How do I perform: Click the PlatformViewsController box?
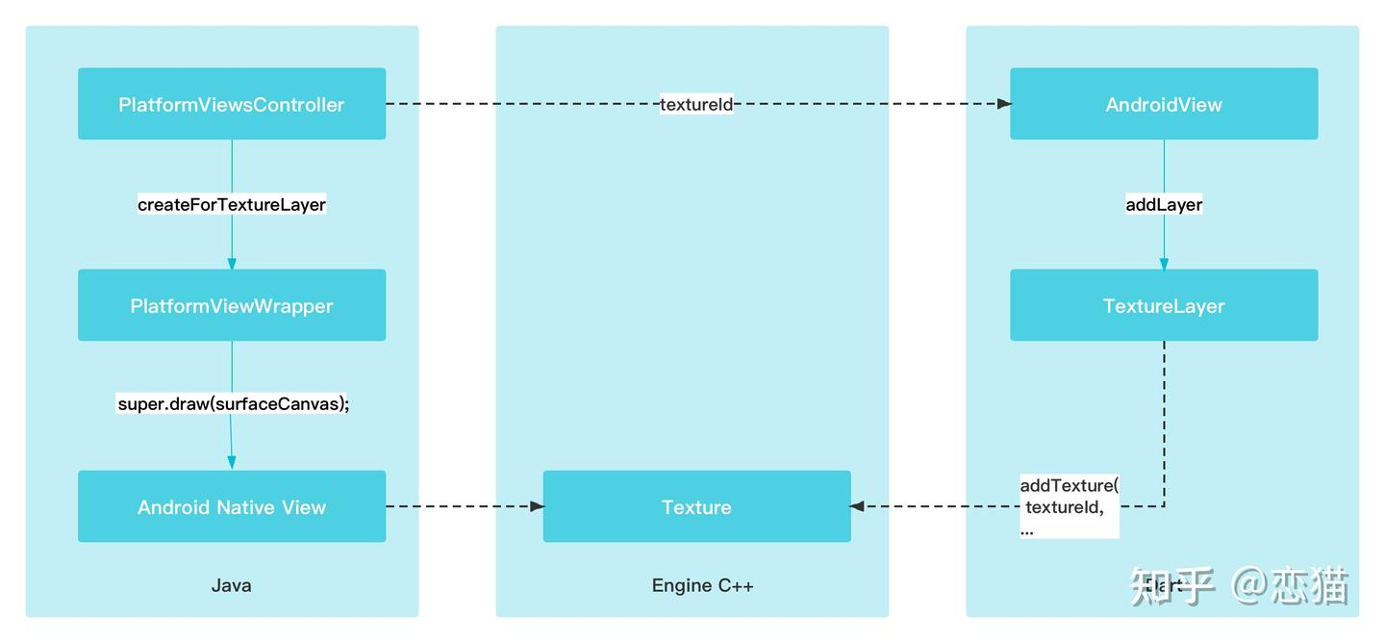click(231, 104)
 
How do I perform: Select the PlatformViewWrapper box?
click(231, 305)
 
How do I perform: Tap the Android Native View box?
click(231, 506)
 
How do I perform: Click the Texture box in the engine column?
click(696, 506)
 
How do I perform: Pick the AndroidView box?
click(1163, 104)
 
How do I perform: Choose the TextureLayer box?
click(1163, 305)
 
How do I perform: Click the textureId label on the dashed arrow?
click(696, 104)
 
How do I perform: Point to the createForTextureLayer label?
click(231, 204)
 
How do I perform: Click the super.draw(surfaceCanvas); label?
click(233, 404)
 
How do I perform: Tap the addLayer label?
click(1163, 204)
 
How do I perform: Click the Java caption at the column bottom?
click(231, 585)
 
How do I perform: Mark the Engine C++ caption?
click(702, 585)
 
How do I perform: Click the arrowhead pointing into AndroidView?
click(1003, 104)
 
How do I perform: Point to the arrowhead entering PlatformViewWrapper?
click(231, 263)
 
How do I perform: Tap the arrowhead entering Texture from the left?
click(536, 506)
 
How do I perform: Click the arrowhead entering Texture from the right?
click(858, 506)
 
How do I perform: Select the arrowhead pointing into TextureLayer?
click(1163, 263)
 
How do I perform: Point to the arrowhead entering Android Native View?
click(232, 464)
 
